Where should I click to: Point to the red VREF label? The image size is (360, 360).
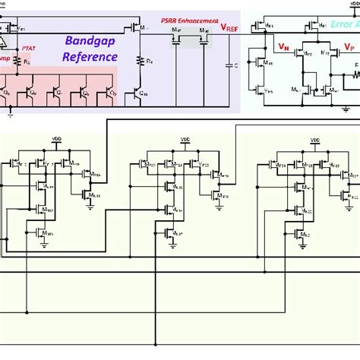point(229,27)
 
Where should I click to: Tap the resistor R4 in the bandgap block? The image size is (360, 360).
point(143,59)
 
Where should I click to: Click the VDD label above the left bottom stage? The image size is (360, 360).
point(55,141)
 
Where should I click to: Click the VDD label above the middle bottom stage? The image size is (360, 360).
point(185,141)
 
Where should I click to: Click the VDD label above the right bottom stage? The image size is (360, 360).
point(312,141)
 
